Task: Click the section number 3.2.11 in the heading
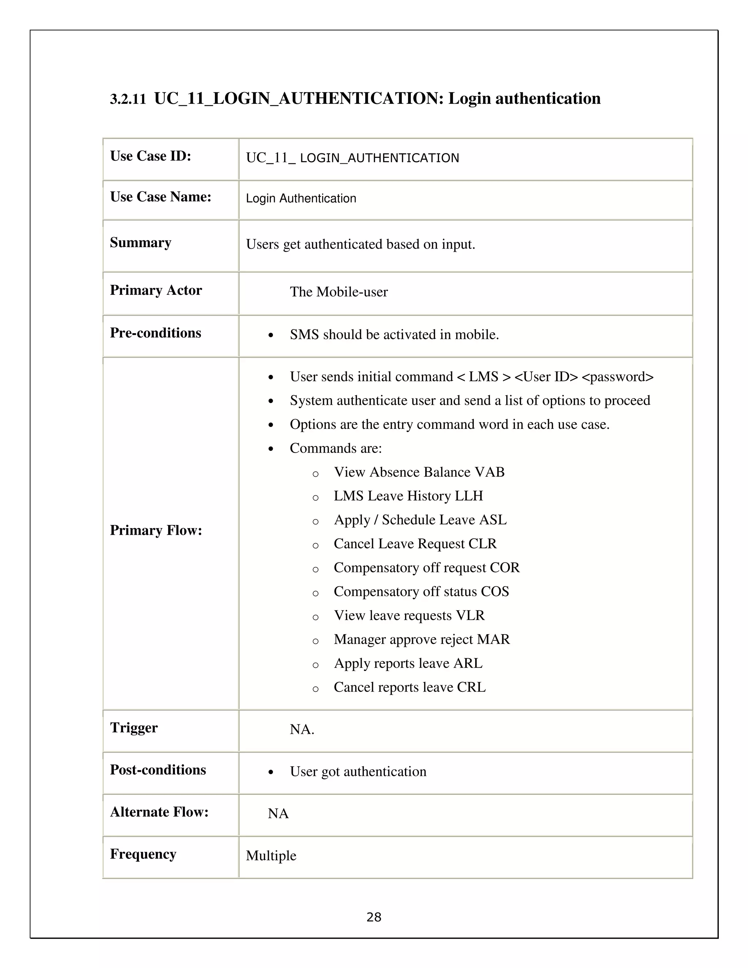point(127,99)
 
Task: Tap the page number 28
point(374,917)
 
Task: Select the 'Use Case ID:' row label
point(150,156)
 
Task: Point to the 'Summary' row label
point(141,243)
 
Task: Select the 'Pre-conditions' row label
point(155,333)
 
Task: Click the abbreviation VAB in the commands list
point(489,472)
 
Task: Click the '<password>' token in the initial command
point(617,377)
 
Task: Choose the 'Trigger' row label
point(133,728)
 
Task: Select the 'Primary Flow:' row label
point(156,530)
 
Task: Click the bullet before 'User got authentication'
point(271,773)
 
